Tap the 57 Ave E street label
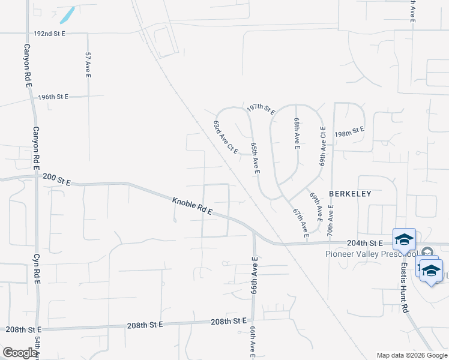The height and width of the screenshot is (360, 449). (88, 64)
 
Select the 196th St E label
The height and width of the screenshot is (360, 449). (53, 97)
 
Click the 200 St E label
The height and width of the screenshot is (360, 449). (56, 181)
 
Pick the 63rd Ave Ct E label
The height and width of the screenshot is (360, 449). (226, 137)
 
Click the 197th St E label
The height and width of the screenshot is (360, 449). (261, 109)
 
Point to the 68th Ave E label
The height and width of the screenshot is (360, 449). (297, 133)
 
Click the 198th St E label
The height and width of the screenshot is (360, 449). (349, 131)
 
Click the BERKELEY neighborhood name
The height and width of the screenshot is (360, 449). (350, 194)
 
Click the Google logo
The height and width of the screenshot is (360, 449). (20, 353)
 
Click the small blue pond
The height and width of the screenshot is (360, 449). (67, 16)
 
